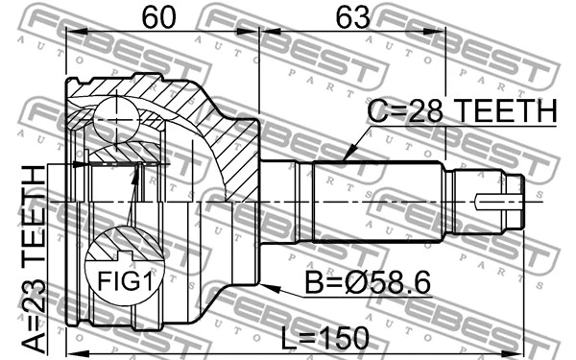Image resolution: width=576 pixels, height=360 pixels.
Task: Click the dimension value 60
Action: (x=160, y=16)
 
